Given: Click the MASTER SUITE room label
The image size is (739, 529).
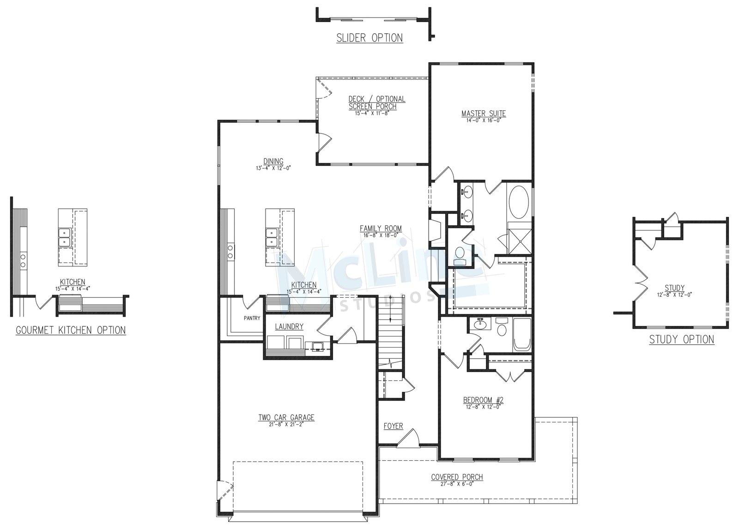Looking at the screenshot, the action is pos(483,114).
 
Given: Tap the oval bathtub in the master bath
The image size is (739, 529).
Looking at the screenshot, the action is pos(519,202).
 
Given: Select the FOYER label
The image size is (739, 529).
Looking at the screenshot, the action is pos(393,426).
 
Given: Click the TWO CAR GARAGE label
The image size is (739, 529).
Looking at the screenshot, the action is pos(286,418).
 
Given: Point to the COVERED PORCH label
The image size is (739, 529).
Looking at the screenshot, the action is pos(457,477).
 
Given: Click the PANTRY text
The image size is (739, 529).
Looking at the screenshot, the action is pos(252,318).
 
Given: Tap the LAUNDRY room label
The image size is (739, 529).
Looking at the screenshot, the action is pos(289,326).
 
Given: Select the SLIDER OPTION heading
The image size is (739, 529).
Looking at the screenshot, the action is pos(369,38).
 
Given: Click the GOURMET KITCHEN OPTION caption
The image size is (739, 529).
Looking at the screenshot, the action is pos(71,330).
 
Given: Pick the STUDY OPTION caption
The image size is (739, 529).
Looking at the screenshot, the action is pos(682,339).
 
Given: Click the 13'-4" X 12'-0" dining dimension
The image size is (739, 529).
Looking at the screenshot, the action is pos(273,168).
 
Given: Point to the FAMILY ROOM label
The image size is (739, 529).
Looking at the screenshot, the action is pos(381,228).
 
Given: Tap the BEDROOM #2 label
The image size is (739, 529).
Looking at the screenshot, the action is pos(483,400).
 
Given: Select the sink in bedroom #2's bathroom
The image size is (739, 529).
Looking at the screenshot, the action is pos(479,324).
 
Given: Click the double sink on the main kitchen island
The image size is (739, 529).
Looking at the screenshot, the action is pos(271,237).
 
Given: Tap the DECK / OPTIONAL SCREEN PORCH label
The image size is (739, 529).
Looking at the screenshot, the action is pos(377,102).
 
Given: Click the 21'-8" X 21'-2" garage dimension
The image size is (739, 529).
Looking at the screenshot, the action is pos(286,425).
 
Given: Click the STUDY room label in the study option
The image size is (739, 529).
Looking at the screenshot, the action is pos(675,288).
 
